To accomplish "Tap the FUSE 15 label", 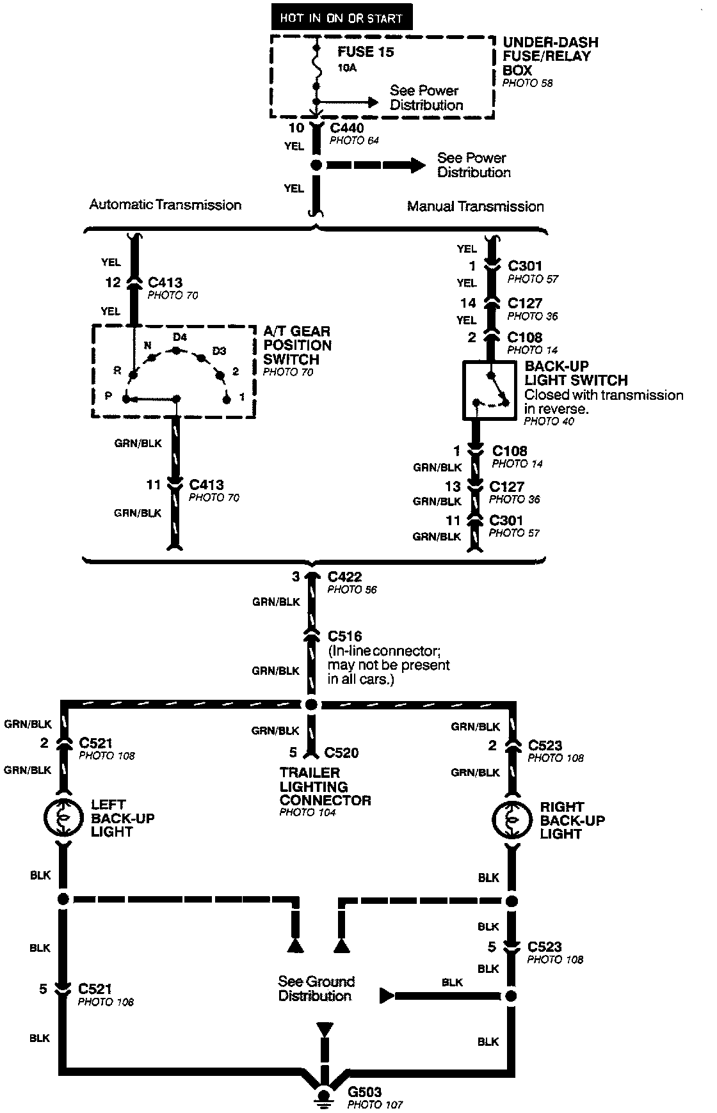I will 366,52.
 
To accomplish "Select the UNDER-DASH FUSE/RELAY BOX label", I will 550,56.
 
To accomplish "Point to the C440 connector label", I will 346,128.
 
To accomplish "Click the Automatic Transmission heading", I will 165,205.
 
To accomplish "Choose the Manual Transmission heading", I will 475,207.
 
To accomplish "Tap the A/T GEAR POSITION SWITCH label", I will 297,345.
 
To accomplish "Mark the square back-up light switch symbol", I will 489,390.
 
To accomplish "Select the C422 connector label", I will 344,576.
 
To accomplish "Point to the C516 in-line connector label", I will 344,636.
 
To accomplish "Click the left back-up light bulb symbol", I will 63,818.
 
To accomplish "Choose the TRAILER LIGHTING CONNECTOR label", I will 325,787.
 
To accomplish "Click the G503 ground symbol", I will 325,1096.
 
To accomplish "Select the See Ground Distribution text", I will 316,988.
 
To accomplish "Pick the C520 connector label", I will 341,753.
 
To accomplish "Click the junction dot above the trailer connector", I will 310,705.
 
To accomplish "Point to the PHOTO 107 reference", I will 375,1105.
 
